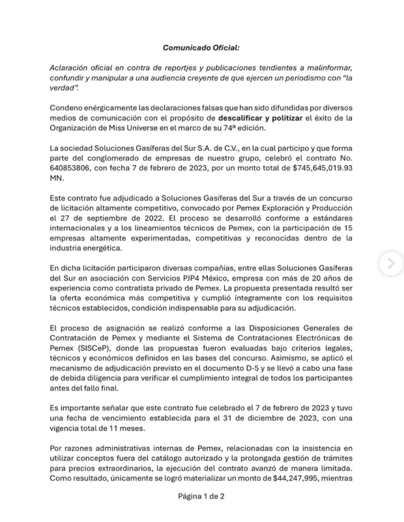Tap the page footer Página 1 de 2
(x=201, y=496)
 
